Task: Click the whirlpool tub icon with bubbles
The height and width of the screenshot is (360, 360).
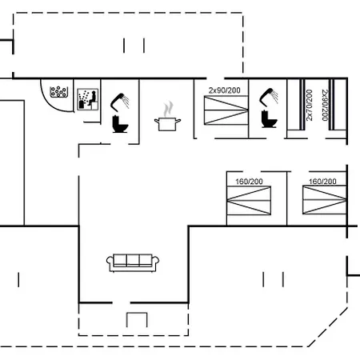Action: coord(58,92)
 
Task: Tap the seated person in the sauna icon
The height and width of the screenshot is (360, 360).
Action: coord(93,98)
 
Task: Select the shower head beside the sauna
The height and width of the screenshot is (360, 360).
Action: coord(120,101)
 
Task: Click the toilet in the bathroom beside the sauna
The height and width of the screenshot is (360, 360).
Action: coord(120,124)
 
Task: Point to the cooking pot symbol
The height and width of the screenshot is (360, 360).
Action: coord(167,124)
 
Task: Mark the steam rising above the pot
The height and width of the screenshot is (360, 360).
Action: coord(168,109)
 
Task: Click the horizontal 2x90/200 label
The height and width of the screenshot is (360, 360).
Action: coord(225,90)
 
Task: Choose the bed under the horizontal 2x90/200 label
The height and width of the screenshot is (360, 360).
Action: coord(226,110)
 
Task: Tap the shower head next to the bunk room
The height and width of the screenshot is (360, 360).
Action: coord(269,96)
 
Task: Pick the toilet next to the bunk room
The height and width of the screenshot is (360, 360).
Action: coord(269,118)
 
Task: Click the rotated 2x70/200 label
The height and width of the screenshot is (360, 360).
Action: coord(309,105)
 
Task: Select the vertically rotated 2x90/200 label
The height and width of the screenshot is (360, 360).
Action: coord(325,105)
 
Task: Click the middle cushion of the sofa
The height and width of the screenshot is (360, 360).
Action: coord(133,260)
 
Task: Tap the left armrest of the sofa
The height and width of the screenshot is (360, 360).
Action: coord(110,262)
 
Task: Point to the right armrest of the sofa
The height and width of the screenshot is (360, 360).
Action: coord(155,262)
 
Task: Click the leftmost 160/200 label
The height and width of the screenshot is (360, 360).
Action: coord(249,182)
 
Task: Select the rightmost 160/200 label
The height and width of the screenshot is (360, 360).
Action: coord(322,182)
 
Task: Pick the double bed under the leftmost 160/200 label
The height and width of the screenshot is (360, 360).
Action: coord(249,200)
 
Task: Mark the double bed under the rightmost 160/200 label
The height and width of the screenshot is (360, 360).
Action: coord(325,200)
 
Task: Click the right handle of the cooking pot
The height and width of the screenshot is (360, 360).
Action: coord(178,121)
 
